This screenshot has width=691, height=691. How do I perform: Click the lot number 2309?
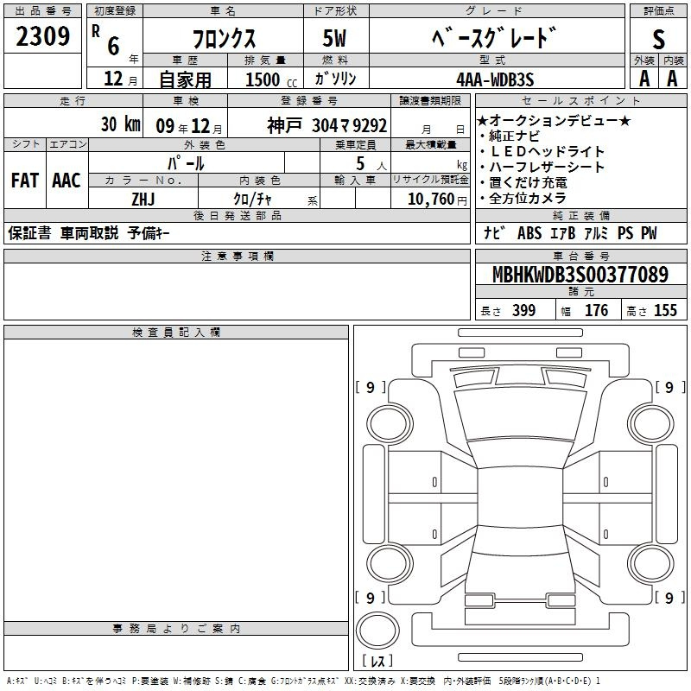tap(42, 36)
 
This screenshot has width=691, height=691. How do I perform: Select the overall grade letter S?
tap(658, 39)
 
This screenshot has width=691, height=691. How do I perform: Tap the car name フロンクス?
tap(224, 38)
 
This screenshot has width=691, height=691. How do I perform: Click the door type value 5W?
tap(334, 38)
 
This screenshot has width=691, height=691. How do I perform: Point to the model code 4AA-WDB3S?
tap(495, 79)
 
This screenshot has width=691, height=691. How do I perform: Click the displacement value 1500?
tap(263, 79)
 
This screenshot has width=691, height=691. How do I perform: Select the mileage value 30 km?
tap(120, 124)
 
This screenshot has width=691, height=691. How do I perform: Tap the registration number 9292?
tap(370, 125)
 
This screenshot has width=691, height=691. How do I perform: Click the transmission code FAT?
tap(25, 181)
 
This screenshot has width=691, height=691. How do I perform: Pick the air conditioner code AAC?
tap(67, 181)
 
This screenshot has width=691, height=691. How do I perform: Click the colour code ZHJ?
tap(143, 200)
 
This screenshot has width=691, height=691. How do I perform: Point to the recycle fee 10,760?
tap(431, 200)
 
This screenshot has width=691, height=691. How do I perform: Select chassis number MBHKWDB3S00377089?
tap(580, 275)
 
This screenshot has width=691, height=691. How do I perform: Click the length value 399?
tap(524, 310)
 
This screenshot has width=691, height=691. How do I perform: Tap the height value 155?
tap(665, 310)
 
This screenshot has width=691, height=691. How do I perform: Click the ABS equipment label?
tap(529, 233)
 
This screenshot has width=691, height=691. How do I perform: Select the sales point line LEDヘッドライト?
tap(547, 152)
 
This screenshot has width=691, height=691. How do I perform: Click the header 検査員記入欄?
tap(176, 333)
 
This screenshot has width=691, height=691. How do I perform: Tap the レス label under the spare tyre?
tap(377, 661)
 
